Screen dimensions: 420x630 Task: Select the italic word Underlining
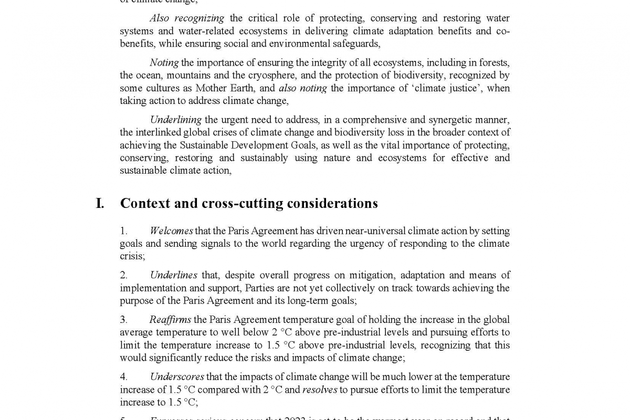tap(175, 120)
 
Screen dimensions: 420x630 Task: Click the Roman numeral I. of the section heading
tap(100, 204)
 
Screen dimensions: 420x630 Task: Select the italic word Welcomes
tap(171, 231)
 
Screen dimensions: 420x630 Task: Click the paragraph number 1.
tap(124, 231)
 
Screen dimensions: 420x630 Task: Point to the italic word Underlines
tap(174, 275)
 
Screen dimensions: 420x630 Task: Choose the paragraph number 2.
tap(124, 275)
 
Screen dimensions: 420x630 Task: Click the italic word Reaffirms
tap(170, 320)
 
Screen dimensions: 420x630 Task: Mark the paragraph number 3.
tap(124, 320)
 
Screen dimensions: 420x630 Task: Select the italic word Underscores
tap(177, 377)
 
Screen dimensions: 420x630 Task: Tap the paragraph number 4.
tap(124, 377)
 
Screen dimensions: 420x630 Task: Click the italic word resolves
tap(320, 390)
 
